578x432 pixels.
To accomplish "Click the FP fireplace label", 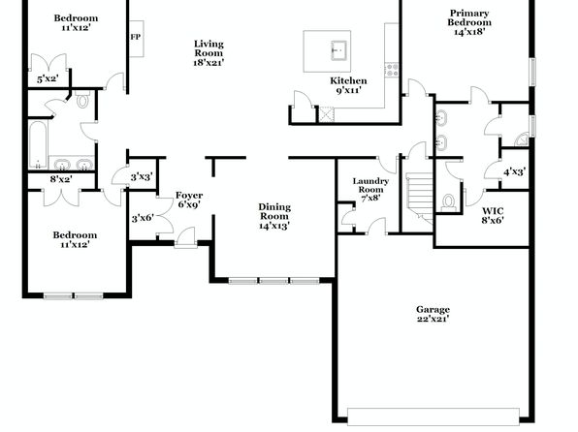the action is [135, 37].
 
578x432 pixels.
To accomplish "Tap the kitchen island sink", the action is [338, 50].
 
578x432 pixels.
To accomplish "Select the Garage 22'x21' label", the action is [433, 314].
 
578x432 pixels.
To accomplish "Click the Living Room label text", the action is [209, 53].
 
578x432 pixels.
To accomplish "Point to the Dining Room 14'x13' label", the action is [274, 216].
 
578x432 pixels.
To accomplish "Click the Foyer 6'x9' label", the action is [189, 200].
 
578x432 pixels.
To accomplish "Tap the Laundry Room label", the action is [370, 189].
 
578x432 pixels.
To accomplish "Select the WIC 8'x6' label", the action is [493, 215].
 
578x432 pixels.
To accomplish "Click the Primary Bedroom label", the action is [469, 22].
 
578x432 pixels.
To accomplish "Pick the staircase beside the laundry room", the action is [420, 198].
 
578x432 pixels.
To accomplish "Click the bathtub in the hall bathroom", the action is [38, 144].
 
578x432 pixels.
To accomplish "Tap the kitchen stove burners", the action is [392, 70].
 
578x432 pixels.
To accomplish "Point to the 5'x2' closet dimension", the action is [48, 78].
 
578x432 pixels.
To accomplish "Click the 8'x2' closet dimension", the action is [61, 179].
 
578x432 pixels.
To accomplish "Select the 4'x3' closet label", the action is [515, 171].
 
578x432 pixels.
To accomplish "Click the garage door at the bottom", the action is [433, 417].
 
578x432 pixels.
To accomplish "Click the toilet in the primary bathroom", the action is [448, 203].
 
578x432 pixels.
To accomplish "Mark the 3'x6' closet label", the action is [143, 218].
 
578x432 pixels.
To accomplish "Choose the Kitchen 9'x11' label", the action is [348, 85].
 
